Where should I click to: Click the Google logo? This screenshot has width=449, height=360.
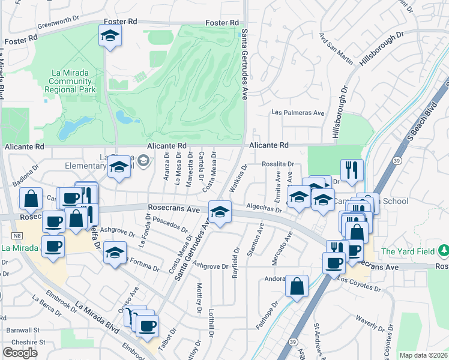(x=20, y=353)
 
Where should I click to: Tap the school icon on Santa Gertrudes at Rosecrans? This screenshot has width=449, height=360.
(x=220, y=212)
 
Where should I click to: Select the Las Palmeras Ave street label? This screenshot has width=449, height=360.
(x=298, y=112)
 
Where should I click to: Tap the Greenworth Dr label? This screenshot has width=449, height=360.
(x=59, y=21)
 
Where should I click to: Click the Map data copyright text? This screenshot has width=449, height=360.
(x=423, y=355)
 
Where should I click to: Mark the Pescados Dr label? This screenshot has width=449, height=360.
(x=170, y=226)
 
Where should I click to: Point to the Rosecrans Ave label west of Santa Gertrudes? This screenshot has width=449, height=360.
(x=173, y=210)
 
